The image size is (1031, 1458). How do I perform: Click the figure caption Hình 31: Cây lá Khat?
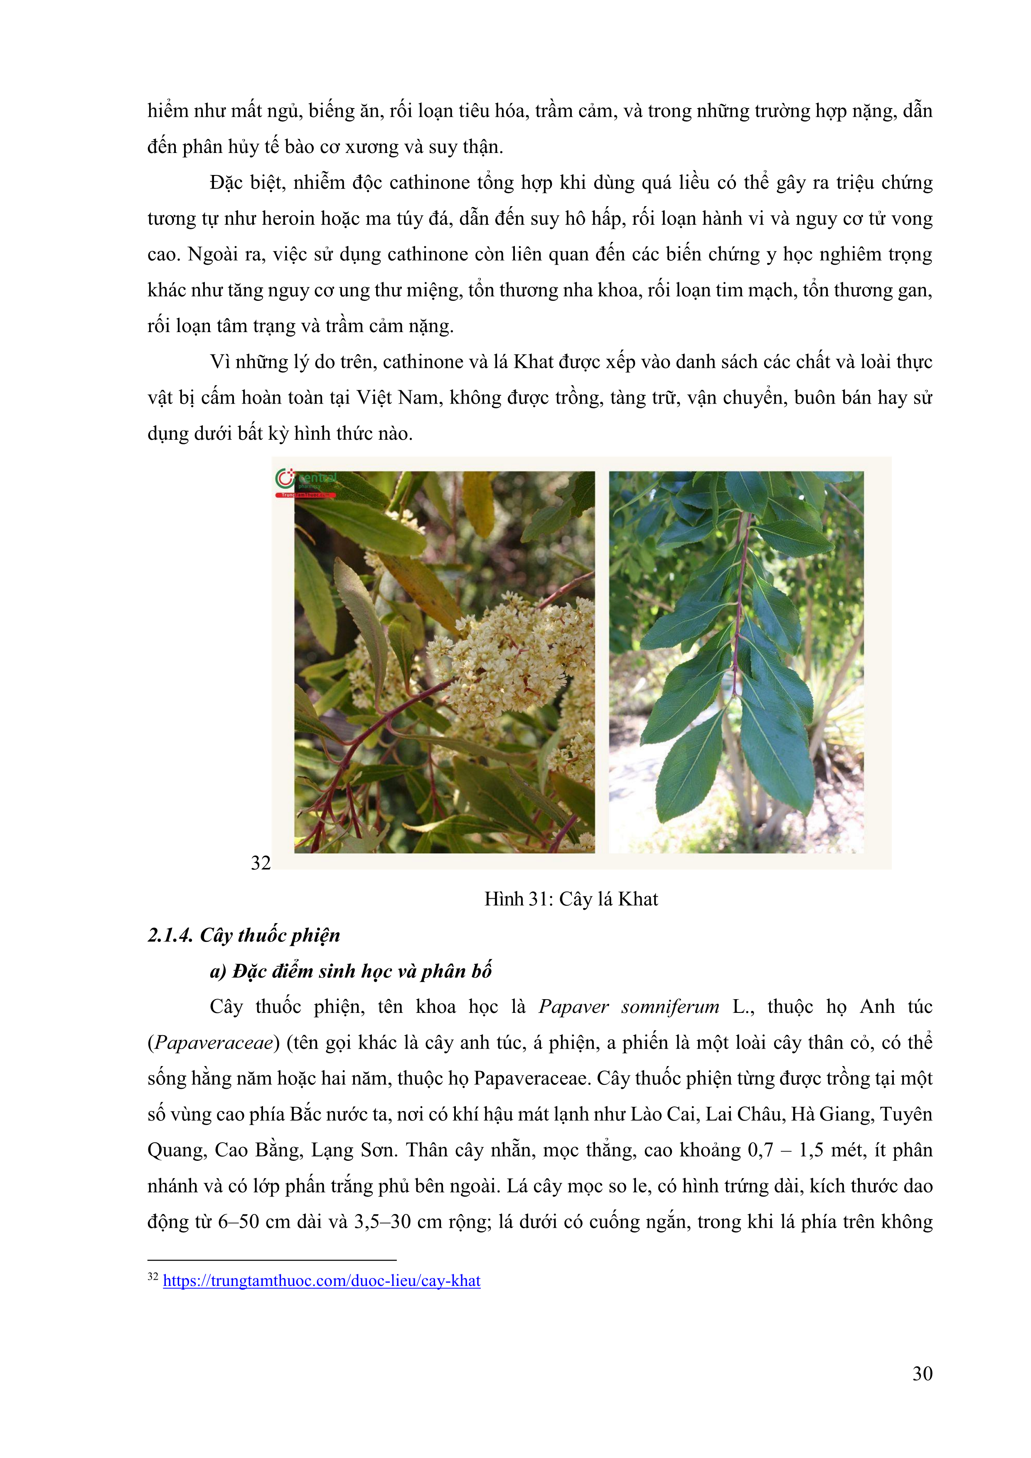pyautogui.click(x=571, y=899)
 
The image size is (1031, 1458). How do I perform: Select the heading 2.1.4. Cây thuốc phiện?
pyautogui.click(x=244, y=936)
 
